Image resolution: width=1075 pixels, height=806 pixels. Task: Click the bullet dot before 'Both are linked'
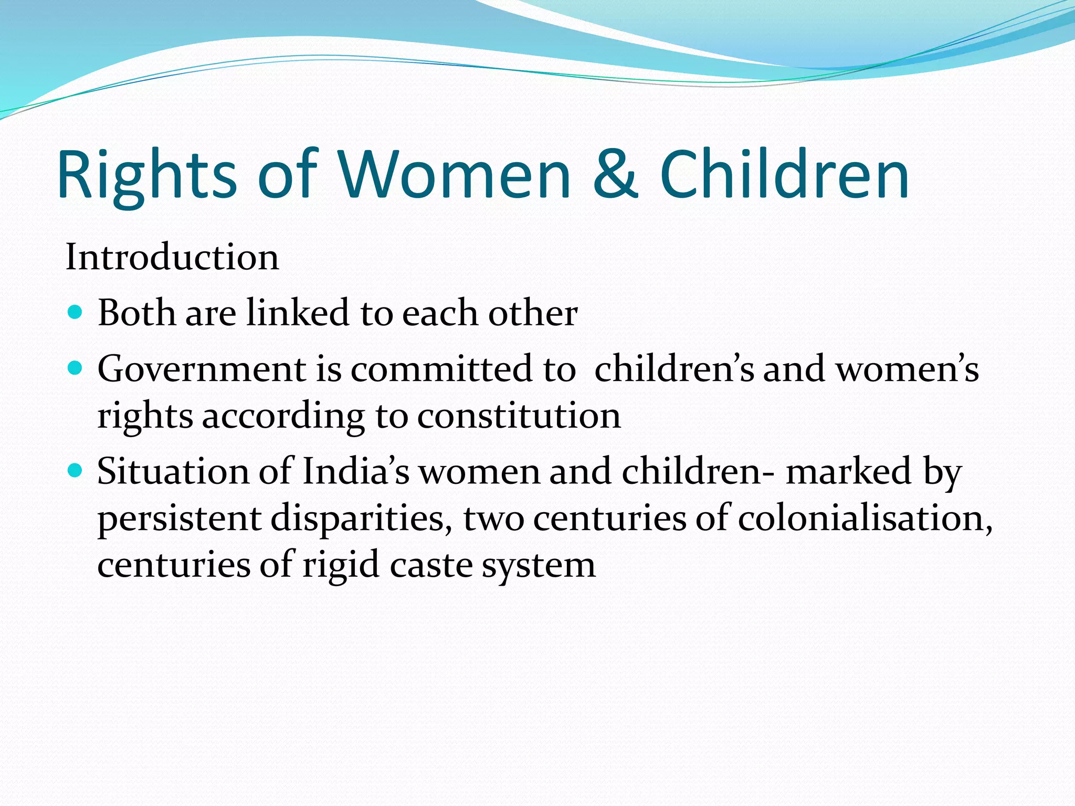(76, 313)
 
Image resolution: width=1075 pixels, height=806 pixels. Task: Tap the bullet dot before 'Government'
(76, 369)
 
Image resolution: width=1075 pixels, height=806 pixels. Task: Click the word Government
(202, 369)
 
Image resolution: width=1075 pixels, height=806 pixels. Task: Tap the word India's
(355, 471)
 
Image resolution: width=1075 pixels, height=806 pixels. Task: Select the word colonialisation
(865, 518)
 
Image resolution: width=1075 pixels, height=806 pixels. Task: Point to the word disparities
(361, 518)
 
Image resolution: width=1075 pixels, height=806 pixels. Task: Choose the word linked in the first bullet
(298, 313)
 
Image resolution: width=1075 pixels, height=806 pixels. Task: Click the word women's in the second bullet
(907, 369)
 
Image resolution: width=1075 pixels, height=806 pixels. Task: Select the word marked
(848, 471)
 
